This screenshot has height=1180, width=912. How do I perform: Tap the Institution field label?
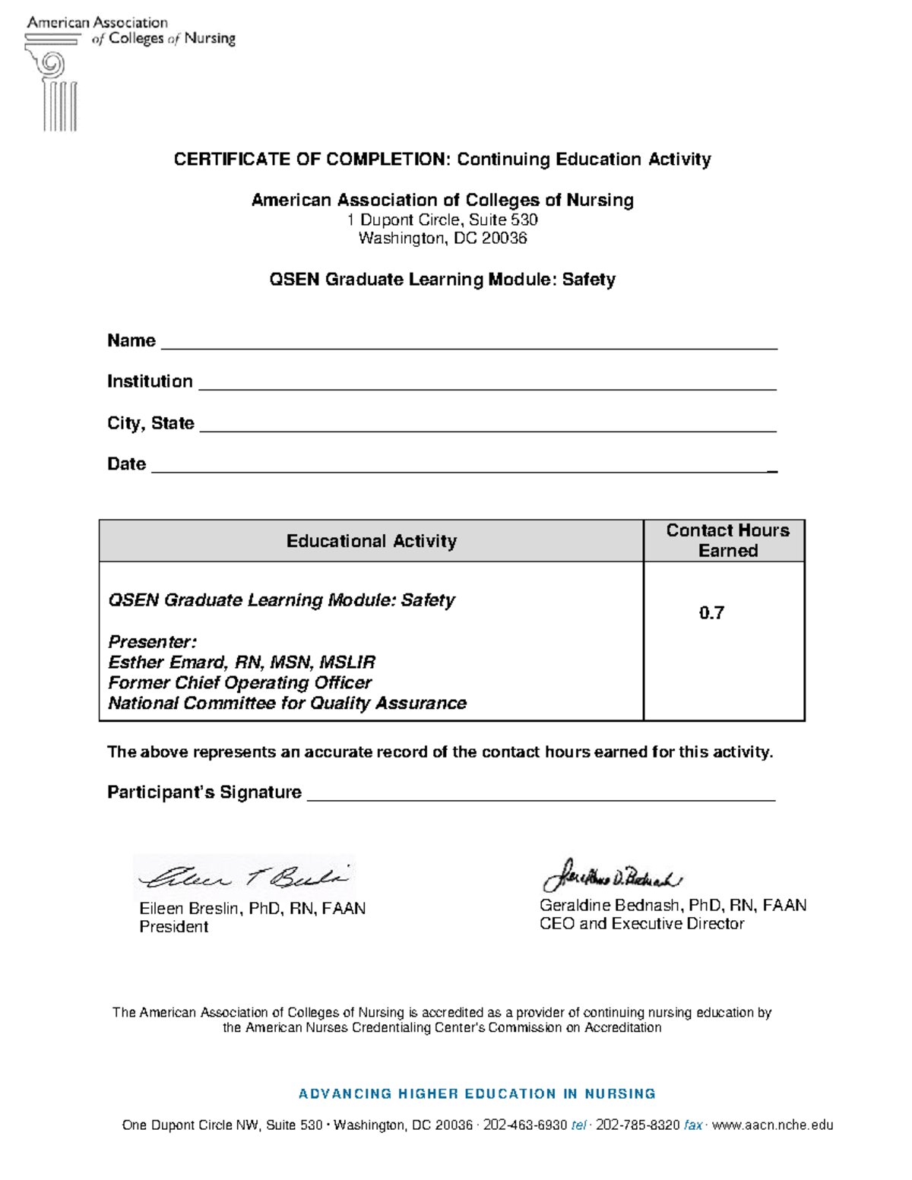[x=150, y=381]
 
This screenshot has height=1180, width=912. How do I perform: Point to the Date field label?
[x=126, y=464]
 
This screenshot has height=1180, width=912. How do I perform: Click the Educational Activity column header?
[x=371, y=541]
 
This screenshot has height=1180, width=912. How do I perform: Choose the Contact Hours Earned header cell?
[x=727, y=540]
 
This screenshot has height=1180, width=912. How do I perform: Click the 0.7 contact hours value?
[x=711, y=613]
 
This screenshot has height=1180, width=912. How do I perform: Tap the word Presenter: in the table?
[x=152, y=641]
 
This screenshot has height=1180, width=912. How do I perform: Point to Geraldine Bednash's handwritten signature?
[x=612, y=878]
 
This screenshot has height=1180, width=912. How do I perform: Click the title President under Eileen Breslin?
[x=173, y=927]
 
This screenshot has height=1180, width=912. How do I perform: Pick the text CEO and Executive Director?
[x=641, y=924]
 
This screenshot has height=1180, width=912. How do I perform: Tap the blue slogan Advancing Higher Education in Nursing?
[x=477, y=1094]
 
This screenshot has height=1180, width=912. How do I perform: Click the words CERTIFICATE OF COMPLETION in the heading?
[x=312, y=160]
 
